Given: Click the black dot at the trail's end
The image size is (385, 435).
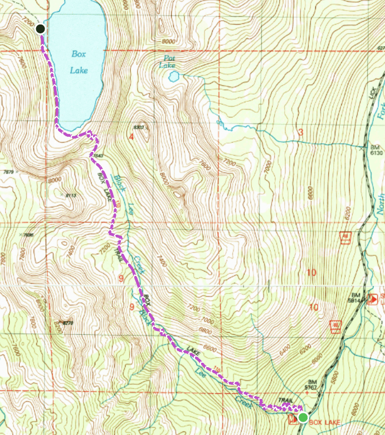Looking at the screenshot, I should click(40, 29).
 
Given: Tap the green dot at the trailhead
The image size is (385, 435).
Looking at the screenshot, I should click(303, 417).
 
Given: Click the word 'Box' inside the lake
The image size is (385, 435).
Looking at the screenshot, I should click(79, 54).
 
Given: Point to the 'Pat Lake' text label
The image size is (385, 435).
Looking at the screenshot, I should click(168, 61).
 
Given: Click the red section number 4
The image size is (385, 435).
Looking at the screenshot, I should click(131, 136).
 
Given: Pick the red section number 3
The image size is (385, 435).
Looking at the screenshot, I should click(300, 132).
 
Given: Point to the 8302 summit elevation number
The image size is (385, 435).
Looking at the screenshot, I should click(139, 127).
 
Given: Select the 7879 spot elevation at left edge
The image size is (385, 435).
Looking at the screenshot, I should click(8, 172).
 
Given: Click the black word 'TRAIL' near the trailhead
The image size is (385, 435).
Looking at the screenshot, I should click(285, 400).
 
